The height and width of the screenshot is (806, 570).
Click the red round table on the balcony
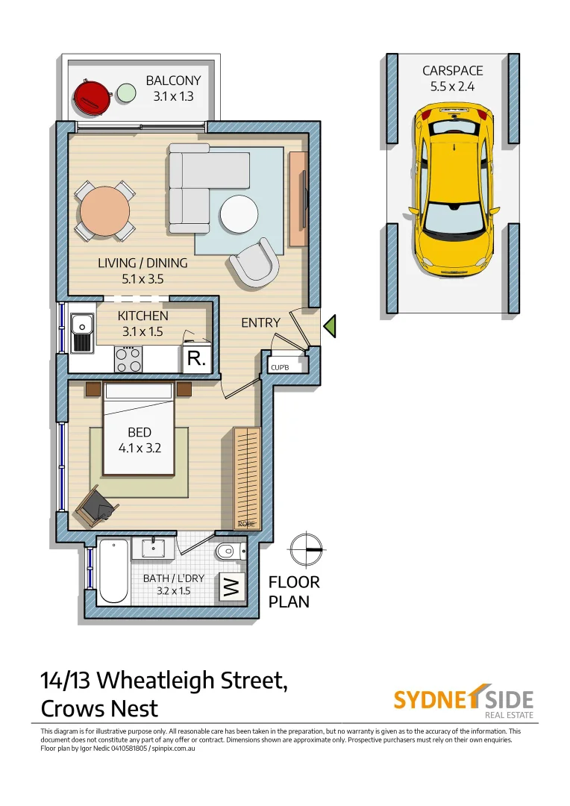90,96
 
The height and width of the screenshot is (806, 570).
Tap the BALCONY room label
173,81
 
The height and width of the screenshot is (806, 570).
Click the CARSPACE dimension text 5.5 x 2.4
453,86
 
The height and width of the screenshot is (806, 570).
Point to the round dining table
105,211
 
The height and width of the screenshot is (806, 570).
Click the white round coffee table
239,214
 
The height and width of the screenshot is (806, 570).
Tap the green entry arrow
330,326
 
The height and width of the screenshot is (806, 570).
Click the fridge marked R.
197,359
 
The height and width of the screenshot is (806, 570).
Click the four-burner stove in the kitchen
128,360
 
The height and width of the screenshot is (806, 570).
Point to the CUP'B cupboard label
280,368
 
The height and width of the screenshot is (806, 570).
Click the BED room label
140,433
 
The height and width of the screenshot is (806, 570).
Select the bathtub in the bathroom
113,571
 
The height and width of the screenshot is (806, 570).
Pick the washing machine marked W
231,587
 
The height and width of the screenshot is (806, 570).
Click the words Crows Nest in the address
99,707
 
